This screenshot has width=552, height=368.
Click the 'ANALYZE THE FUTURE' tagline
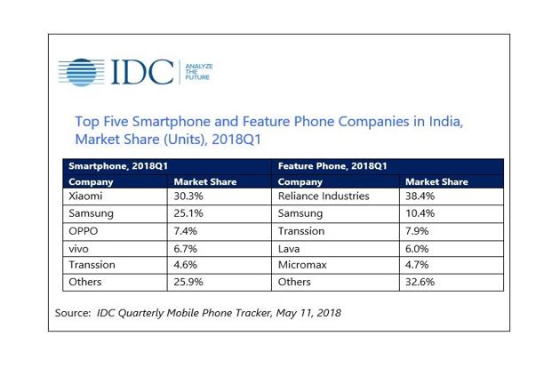pos(197,72)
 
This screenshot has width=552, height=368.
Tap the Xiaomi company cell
pos(86,196)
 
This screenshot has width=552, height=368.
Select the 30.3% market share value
pos(189,196)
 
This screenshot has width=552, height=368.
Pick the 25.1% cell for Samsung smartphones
pos(189,213)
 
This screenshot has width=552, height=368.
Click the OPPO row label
pos(85,230)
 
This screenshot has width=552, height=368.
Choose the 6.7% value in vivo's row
pos(187,247)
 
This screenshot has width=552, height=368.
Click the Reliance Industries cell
pos(324,196)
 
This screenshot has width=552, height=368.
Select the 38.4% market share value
pos(423,196)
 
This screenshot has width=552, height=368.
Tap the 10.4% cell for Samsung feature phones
pos(423,213)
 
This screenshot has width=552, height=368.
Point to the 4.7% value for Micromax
pos(420,264)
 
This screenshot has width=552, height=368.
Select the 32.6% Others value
pos(423,282)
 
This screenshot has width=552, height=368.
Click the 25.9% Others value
pos(189,282)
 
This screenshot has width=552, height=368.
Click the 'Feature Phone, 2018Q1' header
pos(332,166)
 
